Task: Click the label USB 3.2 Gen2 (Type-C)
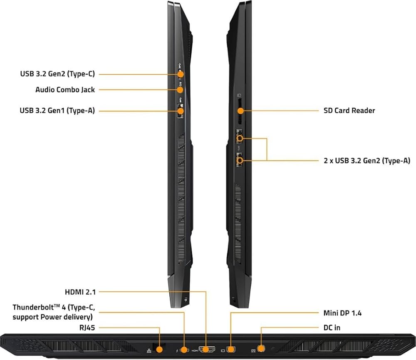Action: [x=57, y=74]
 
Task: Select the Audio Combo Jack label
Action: [x=65, y=89]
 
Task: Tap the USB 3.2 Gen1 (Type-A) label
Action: [x=57, y=111]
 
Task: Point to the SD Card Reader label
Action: [x=349, y=111]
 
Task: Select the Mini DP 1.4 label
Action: [x=342, y=313]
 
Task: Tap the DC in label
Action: [x=332, y=328]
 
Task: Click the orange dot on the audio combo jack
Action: [x=180, y=89]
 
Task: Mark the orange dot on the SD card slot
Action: [x=240, y=111]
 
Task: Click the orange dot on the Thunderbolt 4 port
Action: [x=184, y=350]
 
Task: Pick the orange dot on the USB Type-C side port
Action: [x=181, y=74]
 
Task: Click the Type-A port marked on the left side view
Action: [x=180, y=111]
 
